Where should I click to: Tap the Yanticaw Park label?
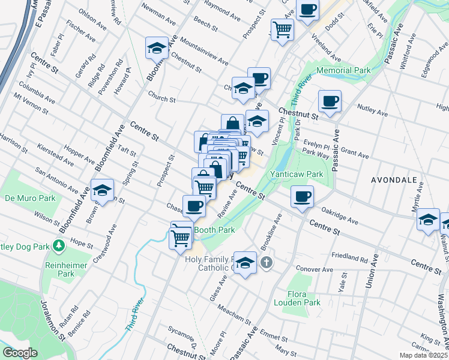297,174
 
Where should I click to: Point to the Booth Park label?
214,229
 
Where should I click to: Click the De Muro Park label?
30,197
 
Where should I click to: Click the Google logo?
20,353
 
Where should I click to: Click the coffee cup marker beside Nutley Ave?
330,101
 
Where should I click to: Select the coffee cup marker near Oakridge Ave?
302,196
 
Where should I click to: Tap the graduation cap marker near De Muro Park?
102,190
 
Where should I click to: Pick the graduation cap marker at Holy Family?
245,263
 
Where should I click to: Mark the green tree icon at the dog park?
58,245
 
